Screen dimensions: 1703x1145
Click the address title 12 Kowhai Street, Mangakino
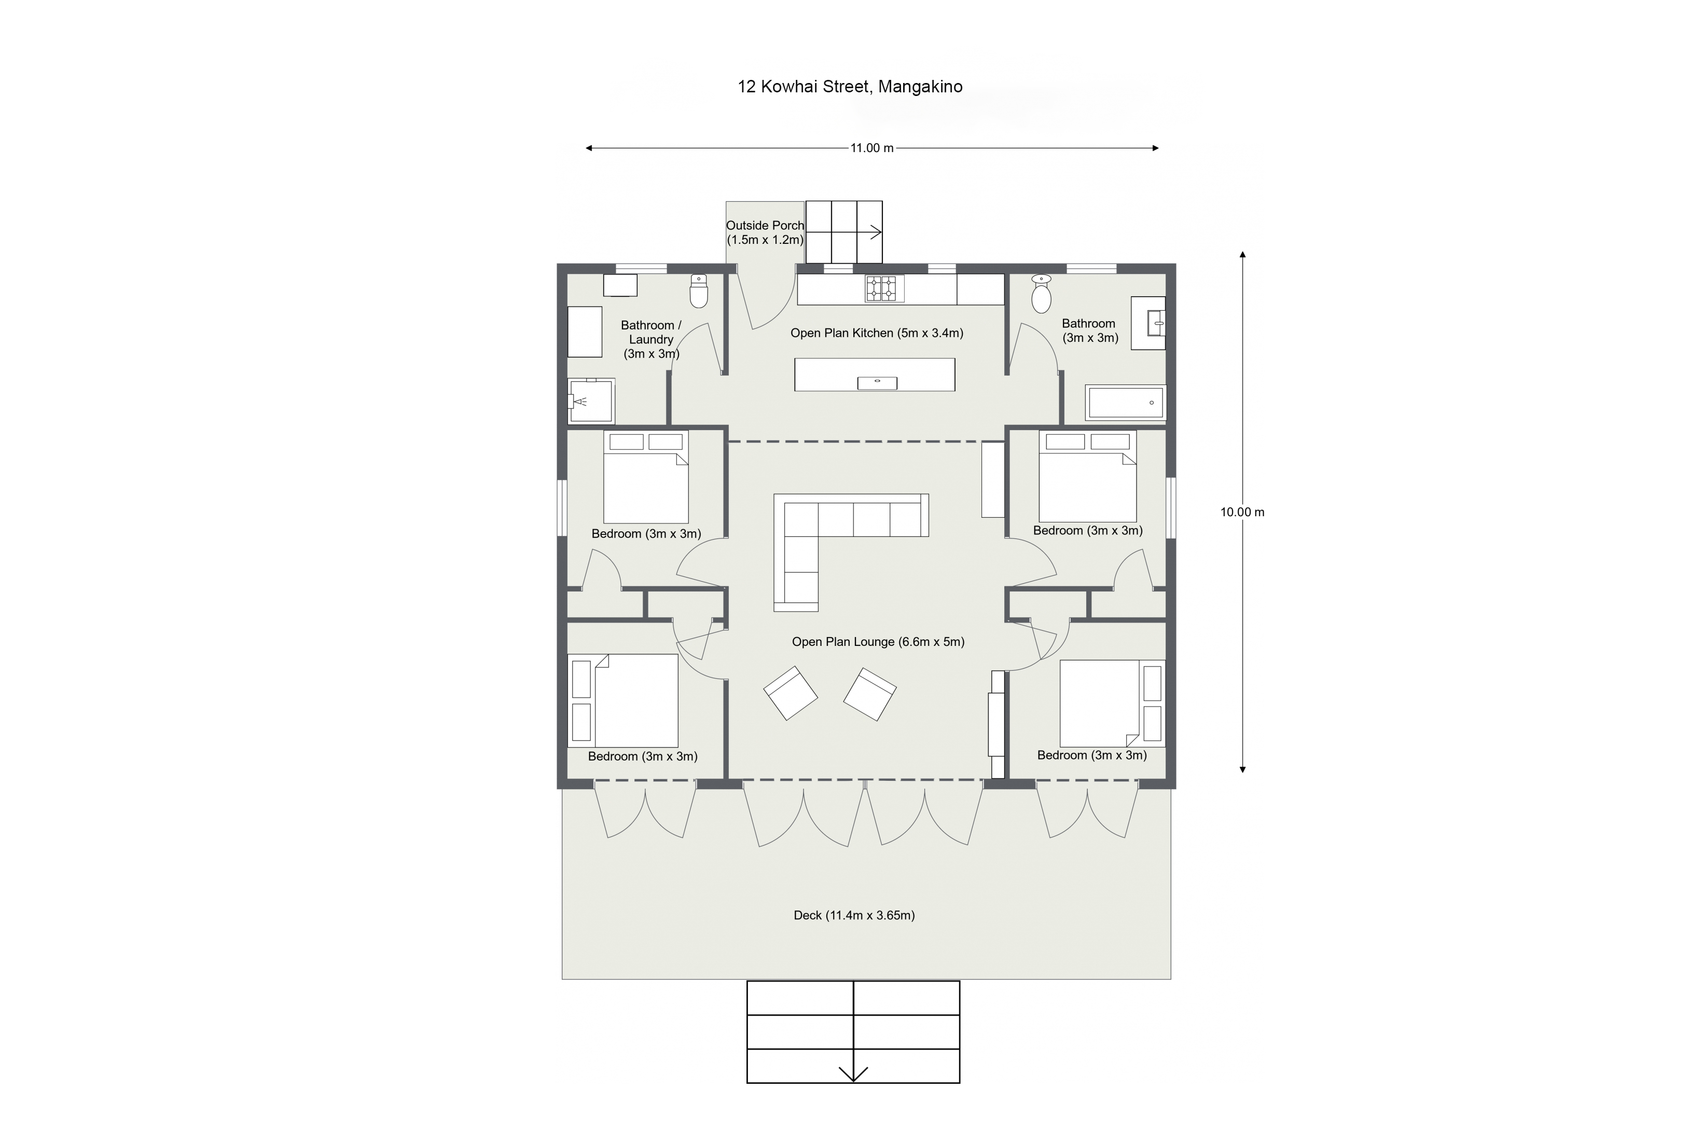[850, 87]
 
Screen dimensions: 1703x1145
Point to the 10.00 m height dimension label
[1242, 512]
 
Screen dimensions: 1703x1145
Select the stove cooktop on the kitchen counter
[882, 288]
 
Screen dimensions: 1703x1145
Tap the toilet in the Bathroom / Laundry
[699, 291]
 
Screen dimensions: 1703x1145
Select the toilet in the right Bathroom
[1041, 294]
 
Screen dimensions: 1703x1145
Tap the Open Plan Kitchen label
[877, 333]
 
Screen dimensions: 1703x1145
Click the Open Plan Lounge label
[878, 642]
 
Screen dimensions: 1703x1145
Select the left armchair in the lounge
[791, 693]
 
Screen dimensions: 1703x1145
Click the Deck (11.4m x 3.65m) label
[854, 915]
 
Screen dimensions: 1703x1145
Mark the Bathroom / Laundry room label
[651, 339]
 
